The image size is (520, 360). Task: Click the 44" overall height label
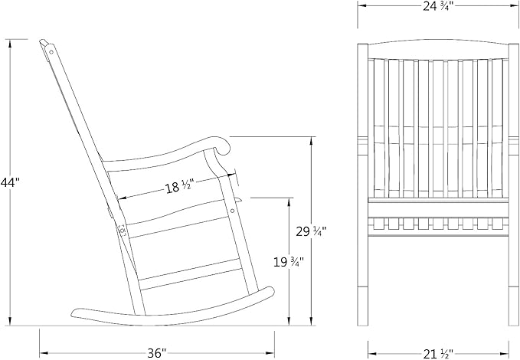coord(10,182)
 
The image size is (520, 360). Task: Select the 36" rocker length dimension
coord(156,352)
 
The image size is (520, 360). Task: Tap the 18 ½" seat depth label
coord(179,187)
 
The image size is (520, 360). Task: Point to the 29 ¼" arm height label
coord(311,231)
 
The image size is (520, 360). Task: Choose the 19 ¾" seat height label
coord(288,262)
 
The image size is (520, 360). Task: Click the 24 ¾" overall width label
coord(437,6)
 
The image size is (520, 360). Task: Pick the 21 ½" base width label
coord(438,354)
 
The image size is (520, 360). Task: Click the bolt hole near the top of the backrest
coord(51,52)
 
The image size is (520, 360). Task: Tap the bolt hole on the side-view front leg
coord(233,211)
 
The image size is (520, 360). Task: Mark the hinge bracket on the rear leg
coord(122,230)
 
